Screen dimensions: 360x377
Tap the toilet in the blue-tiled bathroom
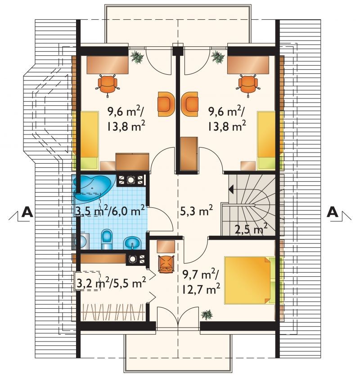click(x=107, y=239)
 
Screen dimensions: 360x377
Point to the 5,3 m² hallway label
click(x=196, y=211)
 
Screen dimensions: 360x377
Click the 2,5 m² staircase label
click(x=251, y=229)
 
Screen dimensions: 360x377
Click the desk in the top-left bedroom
click(x=108, y=65)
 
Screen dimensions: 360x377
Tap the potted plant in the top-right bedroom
click(x=218, y=57)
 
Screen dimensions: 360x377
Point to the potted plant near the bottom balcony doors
click(x=207, y=314)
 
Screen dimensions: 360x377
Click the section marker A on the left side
click(x=27, y=212)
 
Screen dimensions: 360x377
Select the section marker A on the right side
click(x=333, y=212)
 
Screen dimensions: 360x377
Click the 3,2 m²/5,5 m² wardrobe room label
click(x=111, y=283)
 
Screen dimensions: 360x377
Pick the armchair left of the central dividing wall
click(x=166, y=104)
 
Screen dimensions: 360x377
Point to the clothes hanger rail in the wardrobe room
click(x=113, y=312)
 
